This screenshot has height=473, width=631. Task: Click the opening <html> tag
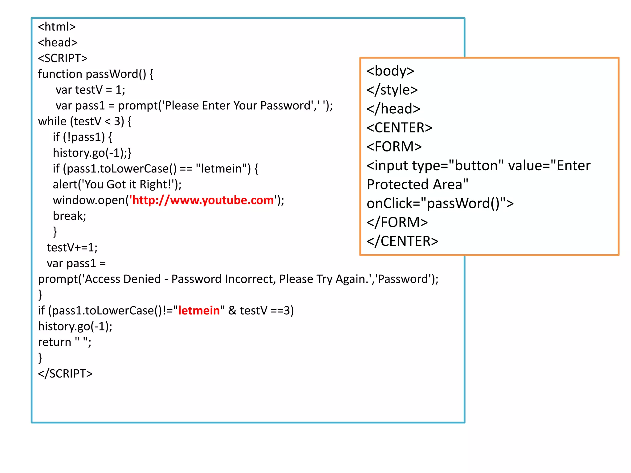(57, 27)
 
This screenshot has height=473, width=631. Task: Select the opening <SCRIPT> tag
(63, 58)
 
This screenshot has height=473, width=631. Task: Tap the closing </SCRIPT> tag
(65, 374)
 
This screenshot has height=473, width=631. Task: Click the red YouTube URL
(202, 200)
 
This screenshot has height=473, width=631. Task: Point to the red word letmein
(199, 310)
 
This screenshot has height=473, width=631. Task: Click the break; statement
(69, 216)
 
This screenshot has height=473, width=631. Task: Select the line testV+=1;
(72, 247)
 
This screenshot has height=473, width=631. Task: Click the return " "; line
(64, 342)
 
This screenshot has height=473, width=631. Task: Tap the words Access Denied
(123, 279)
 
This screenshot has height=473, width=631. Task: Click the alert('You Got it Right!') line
(117, 184)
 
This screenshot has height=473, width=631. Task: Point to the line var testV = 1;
(90, 90)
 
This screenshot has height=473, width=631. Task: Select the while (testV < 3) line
(85, 121)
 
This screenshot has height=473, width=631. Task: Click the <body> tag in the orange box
(390, 71)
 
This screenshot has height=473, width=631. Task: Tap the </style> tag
(392, 90)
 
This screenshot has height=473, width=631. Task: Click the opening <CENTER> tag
(399, 128)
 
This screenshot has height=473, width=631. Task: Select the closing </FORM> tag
(397, 222)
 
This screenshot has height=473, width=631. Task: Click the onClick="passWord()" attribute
(440, 204)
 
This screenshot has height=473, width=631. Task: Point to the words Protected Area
(417, 184)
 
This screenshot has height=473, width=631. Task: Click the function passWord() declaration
(95, 74)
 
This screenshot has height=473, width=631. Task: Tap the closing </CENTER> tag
(402, 241)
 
